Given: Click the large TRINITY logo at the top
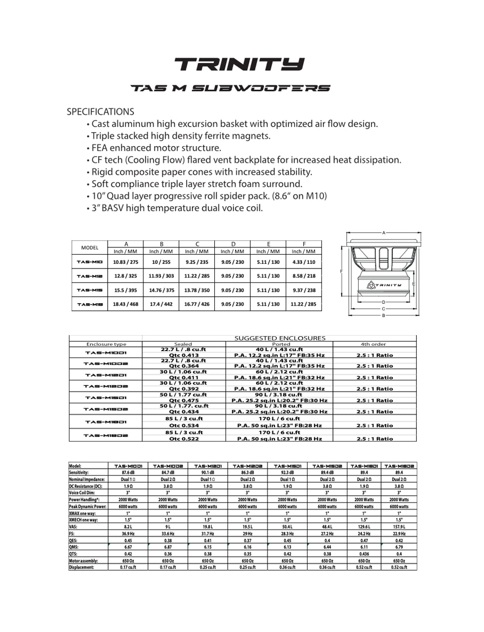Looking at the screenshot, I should (240, 64).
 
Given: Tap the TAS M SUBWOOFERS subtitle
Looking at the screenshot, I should (230, 88).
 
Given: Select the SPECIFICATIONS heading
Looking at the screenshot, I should (100, 112).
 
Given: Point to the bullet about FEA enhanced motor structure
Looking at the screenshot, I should (156, 148).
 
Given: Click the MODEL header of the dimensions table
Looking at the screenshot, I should (90, 247).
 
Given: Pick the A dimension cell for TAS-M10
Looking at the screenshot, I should (126, 262).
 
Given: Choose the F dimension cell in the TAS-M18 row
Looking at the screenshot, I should (304, 304).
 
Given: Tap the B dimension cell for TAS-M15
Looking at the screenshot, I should (161, 290).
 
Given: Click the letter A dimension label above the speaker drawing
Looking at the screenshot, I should (384, 233).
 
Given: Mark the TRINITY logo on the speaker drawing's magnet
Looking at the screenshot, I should (384, 285).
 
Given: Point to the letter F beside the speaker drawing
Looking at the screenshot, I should (341, 271).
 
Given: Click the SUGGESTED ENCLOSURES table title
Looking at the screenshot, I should (280, 338).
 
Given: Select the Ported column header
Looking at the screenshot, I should (281, 344).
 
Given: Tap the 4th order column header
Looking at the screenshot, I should (373, 344).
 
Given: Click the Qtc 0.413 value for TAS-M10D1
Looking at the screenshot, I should (184, 355).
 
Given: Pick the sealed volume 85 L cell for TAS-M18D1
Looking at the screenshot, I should (184, 419).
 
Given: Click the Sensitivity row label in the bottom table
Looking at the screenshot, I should (79, 473).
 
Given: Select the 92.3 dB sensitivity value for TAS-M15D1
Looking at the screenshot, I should (287, 473).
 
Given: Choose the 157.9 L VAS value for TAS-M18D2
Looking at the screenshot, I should (399, 527).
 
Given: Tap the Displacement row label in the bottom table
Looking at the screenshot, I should (81, 567).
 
